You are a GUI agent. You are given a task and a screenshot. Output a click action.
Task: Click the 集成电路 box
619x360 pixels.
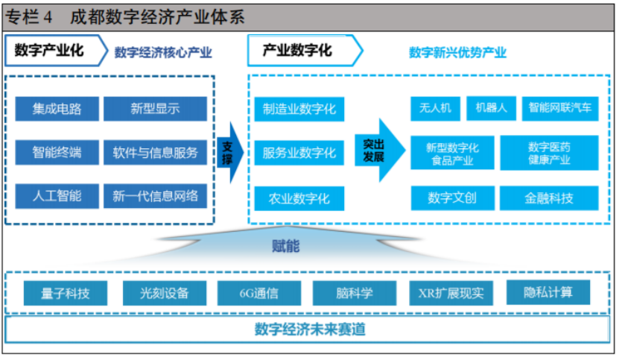57,109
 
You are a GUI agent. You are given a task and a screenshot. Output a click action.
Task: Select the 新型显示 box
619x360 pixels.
155,109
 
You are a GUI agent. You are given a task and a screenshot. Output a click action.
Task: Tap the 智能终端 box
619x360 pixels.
57,153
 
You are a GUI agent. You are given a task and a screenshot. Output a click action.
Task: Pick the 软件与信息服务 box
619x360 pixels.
155,153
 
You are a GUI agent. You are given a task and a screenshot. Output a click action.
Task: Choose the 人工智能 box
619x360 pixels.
57,196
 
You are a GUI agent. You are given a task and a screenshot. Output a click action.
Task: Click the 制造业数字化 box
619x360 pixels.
299,109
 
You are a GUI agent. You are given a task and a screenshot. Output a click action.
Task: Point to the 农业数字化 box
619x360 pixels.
299,198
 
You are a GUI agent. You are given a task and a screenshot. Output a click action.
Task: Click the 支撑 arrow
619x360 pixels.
229,152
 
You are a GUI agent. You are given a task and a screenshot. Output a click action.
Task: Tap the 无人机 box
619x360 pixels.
436,108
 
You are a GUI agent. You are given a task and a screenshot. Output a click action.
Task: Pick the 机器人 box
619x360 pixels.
491,108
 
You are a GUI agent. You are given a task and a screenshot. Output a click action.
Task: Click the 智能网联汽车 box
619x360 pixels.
560,108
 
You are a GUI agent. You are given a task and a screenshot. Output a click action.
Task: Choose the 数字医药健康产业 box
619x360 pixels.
549,153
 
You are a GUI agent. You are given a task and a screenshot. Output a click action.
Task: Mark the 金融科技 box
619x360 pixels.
549,198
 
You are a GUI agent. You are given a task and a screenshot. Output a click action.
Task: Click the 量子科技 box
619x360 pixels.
66,293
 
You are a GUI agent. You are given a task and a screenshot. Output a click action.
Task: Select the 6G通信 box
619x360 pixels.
258,293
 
